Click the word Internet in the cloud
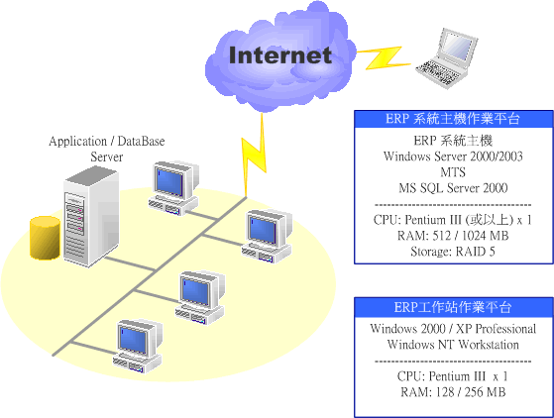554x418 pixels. [x=279, y=55]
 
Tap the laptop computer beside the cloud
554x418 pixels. [x=447, y=57]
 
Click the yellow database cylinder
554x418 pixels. [x=45, y=238]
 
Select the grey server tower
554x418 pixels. [x=91, y=217]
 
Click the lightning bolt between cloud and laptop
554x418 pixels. [x=384, y=57]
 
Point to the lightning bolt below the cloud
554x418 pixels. [x=255, y=155]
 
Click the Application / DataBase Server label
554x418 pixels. [x=107, y=149]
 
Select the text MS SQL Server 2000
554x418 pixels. [x=453, y=188]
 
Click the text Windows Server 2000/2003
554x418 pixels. [x=453, y=157]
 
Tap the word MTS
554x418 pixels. [x=453, y=172]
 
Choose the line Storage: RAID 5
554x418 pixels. [x=453, y=252]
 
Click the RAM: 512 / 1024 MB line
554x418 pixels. [x=453, y=236]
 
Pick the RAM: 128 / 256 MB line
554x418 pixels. [x=453, y=392]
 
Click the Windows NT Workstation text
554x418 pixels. [x=453, y=345]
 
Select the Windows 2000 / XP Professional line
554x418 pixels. [x=453, y=329]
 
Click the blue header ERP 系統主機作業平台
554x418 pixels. [x=453, y=119]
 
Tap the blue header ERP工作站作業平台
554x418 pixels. [x=453, y=307]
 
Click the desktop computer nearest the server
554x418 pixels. [x=173, y=188]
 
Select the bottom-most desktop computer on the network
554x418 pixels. [x=138, y=347]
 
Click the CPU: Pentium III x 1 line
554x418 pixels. [x=453, y=376]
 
